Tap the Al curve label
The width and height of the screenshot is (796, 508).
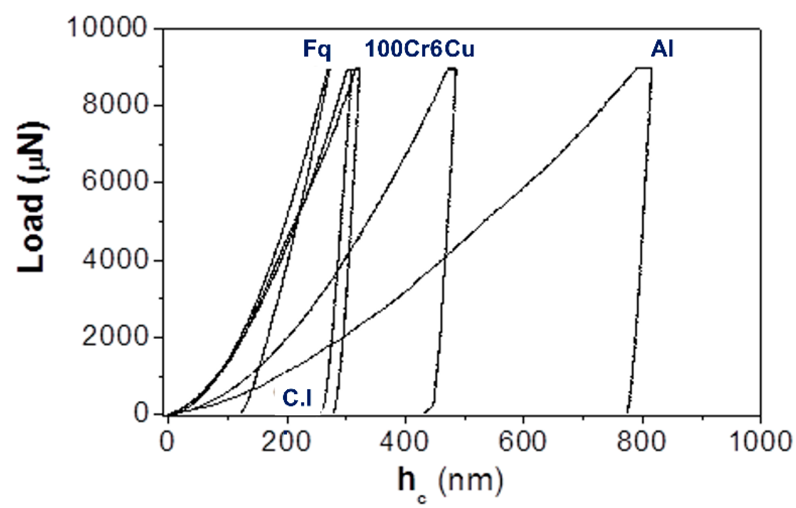(x=662, y=49)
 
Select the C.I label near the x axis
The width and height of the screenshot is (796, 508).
(x=297, y=398)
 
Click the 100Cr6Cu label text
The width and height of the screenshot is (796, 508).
(x=419, y=49)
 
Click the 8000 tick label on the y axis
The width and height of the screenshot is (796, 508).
(x=115, y=105)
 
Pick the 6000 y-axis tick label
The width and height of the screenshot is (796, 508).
(x=115, y=181)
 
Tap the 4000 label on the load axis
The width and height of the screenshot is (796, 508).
(x=115, y=260)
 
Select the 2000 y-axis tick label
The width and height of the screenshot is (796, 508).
(x=115, y=337)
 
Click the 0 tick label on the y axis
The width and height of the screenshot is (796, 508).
(x=141, y=413)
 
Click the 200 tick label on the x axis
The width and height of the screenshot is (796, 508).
(x=286, y=441)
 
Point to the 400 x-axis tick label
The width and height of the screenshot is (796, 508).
(x=404, y=441)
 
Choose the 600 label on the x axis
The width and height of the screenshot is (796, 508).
(x=523, y=441)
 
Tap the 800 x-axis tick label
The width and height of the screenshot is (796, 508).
(x=641, y=441)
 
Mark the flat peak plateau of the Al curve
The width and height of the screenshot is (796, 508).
(x=644, y=68)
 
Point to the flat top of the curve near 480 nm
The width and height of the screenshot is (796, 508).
(x=452, y=68)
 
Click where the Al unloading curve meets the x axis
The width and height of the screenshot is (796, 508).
(x=627, y=413)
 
